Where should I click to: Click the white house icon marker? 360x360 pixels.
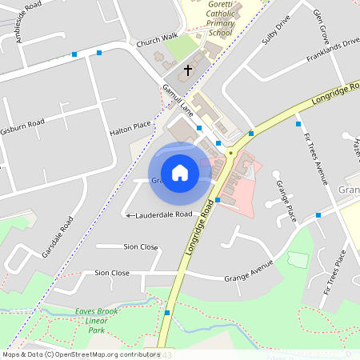click(180, 173)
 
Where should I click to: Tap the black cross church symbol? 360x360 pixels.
click(189, 70)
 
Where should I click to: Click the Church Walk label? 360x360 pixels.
click(156, 40)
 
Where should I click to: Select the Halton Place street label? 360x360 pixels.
click(130, 127)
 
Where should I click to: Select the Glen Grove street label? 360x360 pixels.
click(322, 27)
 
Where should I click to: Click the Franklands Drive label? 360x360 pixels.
click(332, 49)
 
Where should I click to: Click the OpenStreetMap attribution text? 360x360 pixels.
click(80, 354)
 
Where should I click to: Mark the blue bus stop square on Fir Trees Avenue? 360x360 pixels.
click(298, 124)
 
